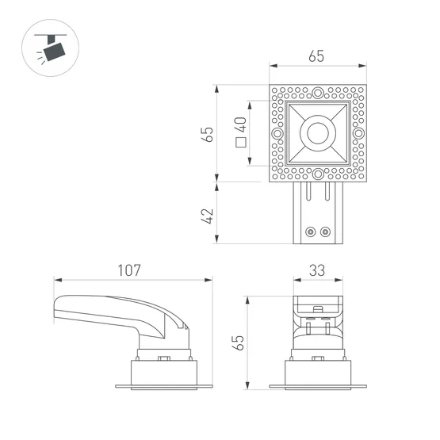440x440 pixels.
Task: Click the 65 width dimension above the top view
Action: point(316,57)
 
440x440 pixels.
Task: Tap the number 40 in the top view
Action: point(240,124)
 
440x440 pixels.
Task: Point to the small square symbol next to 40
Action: point(240,144)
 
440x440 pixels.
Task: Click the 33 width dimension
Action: point(317,270)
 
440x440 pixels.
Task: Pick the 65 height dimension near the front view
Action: point(238,342)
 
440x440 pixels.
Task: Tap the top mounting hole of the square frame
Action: point(317,94)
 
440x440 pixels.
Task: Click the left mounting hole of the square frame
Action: point(277,133)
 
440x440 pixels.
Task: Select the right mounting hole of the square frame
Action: point(358,133)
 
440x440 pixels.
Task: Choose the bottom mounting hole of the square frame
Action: point(317,174)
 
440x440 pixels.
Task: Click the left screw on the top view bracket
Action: point(311,231)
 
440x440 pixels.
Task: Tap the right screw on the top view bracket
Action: point(324,231)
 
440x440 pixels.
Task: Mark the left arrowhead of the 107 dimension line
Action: point(56,279)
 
